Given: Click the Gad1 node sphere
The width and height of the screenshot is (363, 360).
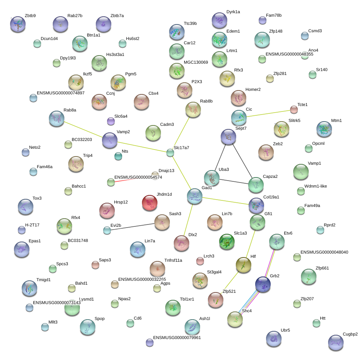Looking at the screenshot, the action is [194, 196].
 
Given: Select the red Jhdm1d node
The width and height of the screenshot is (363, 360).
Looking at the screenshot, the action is [150, 202].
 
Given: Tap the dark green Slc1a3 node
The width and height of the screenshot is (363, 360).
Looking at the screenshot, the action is [227, 241].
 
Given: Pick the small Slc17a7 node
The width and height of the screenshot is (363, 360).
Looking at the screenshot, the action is [170, 153].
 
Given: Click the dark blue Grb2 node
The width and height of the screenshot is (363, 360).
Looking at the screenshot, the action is [263, 284].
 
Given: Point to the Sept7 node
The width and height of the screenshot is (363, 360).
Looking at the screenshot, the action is [228, 136].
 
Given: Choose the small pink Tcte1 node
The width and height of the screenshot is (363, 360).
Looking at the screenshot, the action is [294, 110].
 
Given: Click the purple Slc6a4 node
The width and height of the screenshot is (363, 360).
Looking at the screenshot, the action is [111, 121].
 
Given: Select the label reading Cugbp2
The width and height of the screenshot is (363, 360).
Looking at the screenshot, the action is [350, 334].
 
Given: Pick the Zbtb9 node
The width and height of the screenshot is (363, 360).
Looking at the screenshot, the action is [17, 24].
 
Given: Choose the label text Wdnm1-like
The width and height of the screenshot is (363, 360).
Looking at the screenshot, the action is [316, 186].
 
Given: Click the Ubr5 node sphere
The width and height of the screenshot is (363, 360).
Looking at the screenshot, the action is [274, 338].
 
